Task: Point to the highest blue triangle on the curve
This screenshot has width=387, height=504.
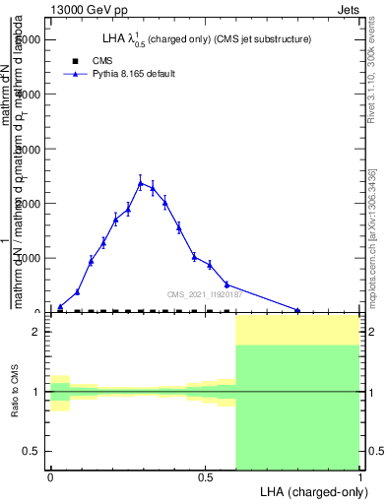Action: [141, 183]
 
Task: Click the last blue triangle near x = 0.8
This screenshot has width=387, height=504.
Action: [297, 311]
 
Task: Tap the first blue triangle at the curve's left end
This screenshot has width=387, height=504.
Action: [60, 307]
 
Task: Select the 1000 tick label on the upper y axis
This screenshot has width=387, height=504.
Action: [31, 258]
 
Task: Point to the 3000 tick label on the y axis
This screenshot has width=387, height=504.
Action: [31, 149]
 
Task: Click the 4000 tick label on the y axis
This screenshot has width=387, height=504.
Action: [31, 94]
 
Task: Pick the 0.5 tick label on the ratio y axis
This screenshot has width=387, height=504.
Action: [32, 451]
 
